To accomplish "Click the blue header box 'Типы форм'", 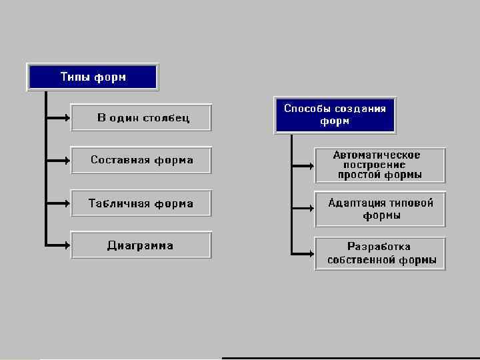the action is (93, 77).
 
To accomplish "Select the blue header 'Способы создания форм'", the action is (335, 115).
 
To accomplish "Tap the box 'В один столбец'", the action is (141, 118).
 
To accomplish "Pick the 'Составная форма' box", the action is (141, 160).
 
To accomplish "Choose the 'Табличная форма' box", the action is (141, 203).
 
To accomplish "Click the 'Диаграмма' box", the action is (141, 245).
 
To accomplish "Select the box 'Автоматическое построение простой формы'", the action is (380, 165).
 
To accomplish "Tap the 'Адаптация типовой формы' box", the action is (380, 209).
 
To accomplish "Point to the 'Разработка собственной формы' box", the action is (380, 253).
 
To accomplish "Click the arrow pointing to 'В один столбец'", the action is (59, 118).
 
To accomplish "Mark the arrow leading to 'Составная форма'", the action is (59, 161).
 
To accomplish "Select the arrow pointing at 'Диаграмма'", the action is (59, 245).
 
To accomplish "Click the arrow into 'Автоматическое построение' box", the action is (303, 165).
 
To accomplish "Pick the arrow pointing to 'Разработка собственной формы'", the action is (303, 253).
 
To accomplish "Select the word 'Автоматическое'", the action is (377, 155).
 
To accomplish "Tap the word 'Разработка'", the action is (379, 247).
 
